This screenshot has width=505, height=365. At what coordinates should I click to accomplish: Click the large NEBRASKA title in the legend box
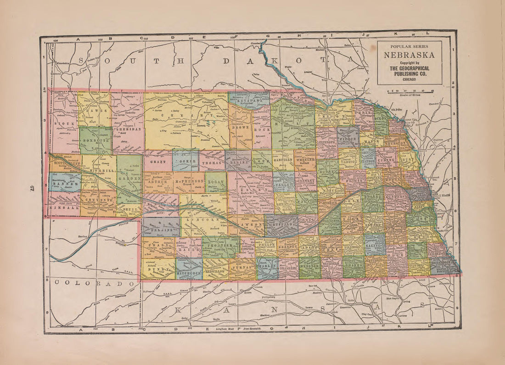coord(410,54)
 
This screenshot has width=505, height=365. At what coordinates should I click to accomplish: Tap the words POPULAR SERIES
coord(410,46)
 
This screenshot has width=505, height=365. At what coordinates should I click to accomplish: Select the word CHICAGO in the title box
coord(410,79)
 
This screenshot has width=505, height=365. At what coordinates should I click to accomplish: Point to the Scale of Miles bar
coord(410,92)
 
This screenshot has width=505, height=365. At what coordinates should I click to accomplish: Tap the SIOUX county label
coord(63,124)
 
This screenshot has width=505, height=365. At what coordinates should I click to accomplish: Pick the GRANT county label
coord(158,162)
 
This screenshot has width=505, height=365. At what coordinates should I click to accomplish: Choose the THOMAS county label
coord(212,162)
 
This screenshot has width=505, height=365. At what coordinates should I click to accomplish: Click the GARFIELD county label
coord(283,161)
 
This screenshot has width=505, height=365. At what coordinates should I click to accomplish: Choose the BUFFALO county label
coord(281,225)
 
